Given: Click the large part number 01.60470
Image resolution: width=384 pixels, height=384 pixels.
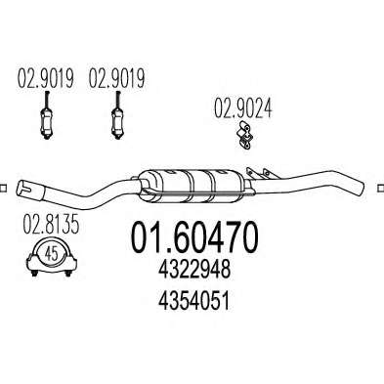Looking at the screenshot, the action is [194, 237].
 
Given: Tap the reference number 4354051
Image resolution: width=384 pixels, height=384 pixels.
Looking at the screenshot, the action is [194, 300].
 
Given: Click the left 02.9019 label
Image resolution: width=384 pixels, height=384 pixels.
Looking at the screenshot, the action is [45, 78].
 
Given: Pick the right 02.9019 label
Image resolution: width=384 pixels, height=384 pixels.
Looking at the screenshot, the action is [116, 78].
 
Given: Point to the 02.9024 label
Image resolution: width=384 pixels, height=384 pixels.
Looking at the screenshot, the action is [242, 108].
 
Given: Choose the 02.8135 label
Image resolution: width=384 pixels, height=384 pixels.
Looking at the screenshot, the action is [51, 225].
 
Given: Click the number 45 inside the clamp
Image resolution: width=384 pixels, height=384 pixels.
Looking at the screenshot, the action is [52, 253].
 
